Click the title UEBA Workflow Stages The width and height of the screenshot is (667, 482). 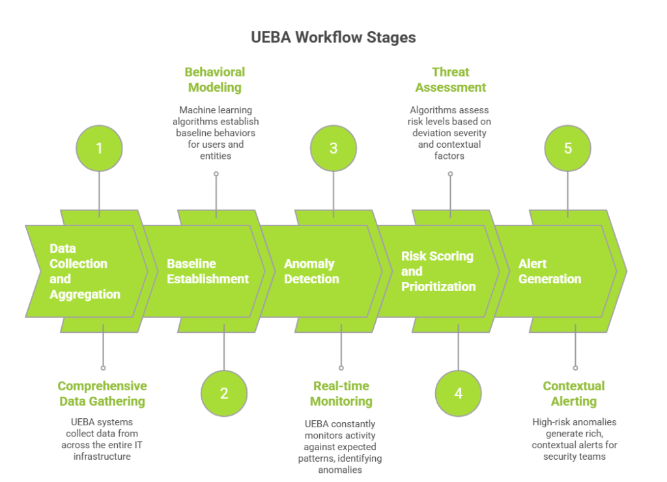click(x=333, y=37)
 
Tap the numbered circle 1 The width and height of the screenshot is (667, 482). click(x=99, y=148)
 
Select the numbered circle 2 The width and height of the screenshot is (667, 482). click(x=224, y=393)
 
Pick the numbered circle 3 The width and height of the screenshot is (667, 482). click(x=333, y=148)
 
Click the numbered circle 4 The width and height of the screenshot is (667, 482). click(x=459, y=393)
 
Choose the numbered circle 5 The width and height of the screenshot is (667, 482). click(x=568, y=148)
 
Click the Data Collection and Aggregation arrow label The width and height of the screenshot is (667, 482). click(x=85, y=271)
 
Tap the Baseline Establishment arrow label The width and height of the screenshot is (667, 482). click(x=208, y=271)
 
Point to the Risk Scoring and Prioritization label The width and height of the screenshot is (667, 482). click(x=438, y=271)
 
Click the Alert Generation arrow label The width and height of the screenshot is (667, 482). click(x=550, y=271)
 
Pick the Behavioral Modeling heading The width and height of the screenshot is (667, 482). click(x=215, y=79)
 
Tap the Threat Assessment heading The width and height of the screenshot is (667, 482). click(x=451, y=79)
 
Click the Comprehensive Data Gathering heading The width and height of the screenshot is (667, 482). click(x=102, y=393)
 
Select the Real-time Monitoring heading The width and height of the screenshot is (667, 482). click(x=341, y=393)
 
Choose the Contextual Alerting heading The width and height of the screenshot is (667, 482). click(x=574, y=393)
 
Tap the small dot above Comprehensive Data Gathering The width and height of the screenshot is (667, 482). click(x=103, y=368)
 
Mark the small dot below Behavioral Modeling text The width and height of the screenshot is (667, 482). click(x=216, y=174)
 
